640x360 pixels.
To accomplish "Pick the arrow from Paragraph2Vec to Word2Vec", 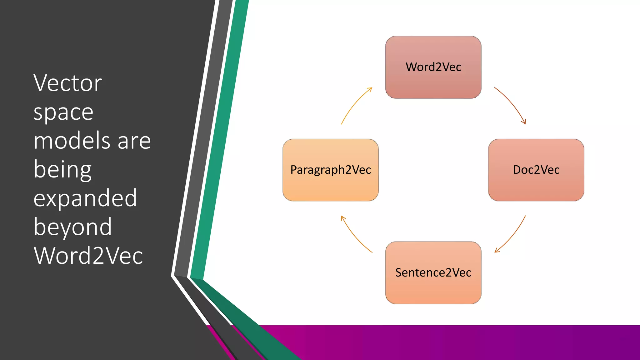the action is [x=355, y=104].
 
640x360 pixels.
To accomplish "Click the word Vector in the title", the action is [x=68, y=83].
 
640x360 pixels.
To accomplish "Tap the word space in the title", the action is [x=63, y=112].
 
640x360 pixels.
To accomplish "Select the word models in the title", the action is [x=72, y=141].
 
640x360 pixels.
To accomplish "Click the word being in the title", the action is [x=62, y=170].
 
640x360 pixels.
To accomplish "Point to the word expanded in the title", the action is [x=85, y=198].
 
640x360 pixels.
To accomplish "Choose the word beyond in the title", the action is [x=72, y=227].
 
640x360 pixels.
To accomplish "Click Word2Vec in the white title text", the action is [x=88, y=256].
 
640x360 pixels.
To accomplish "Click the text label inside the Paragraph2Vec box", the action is [x=331, y=170].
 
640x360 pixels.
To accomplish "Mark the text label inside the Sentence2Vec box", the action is [x=433, y=272].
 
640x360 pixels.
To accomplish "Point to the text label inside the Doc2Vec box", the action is [x=536, y=170].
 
